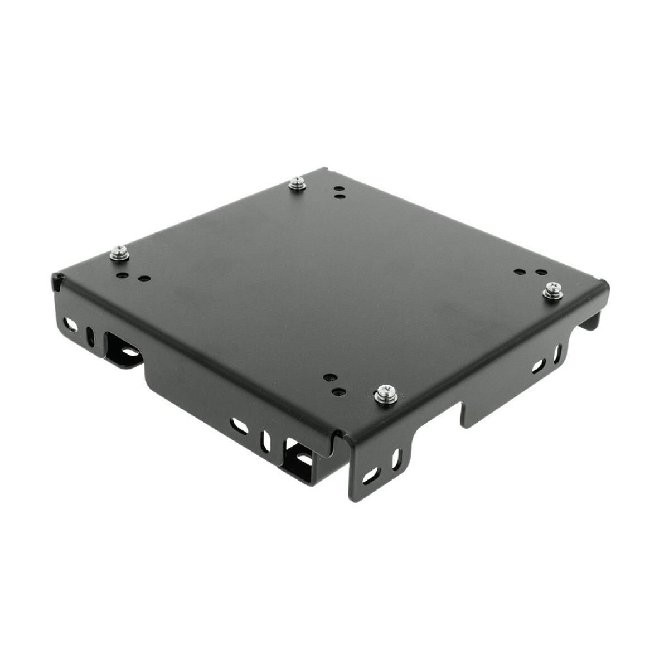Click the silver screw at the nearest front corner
(385, 392)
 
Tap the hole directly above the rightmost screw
(540, 273)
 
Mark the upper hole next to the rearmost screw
(338, 189)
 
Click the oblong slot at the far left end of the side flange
(71, 323)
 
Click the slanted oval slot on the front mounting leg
(371, 476)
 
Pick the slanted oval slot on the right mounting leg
(538, 366)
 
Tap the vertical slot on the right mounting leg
(558, 352)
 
